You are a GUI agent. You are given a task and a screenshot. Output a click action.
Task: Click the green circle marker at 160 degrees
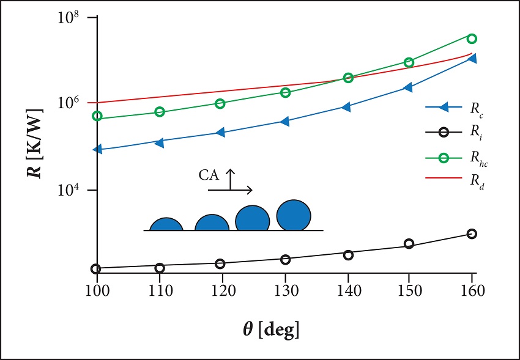click(472, 39)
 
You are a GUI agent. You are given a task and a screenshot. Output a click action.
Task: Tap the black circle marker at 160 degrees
click(472, 234)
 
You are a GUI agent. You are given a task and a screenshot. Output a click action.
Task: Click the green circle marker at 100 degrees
click(97, 116)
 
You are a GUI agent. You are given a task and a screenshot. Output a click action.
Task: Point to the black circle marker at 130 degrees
click(285, 260)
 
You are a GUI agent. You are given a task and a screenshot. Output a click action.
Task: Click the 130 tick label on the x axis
click(285, 290)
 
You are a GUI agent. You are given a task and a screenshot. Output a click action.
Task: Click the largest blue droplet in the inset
click(294, 215)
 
